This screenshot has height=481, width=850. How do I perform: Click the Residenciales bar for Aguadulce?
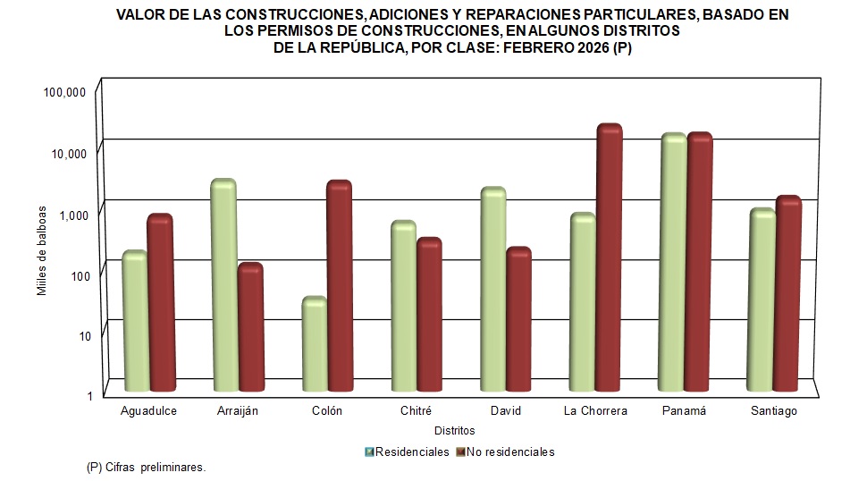(134, 322)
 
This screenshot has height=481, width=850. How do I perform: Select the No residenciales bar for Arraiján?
(250, 328)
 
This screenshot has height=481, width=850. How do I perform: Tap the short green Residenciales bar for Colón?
(314, 345)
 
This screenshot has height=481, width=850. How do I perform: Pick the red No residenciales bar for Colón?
(340, 286)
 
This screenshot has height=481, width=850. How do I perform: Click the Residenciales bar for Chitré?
(404, 307)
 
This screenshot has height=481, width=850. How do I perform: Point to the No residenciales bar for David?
(519, 320)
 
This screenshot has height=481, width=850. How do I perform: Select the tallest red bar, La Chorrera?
(610, 258)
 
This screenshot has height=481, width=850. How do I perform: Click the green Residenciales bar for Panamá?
(673, 263)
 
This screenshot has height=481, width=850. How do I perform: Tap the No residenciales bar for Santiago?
(788, 294)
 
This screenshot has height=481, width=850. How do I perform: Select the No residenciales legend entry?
(507, 451)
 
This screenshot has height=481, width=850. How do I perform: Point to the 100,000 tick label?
(63, 92)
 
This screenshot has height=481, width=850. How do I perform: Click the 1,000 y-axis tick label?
(70, 214)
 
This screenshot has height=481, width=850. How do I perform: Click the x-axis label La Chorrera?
(595, 411)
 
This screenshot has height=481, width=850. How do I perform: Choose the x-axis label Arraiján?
(237, 411)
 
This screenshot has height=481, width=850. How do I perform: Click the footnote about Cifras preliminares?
(147, 468)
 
